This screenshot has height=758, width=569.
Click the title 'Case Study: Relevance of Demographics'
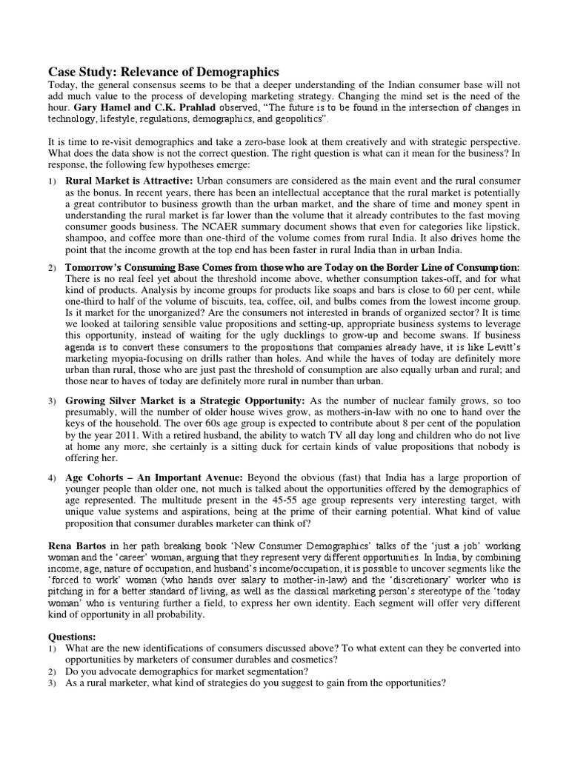164,72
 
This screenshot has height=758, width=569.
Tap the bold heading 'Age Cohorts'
99,477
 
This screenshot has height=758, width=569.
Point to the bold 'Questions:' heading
72,637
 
